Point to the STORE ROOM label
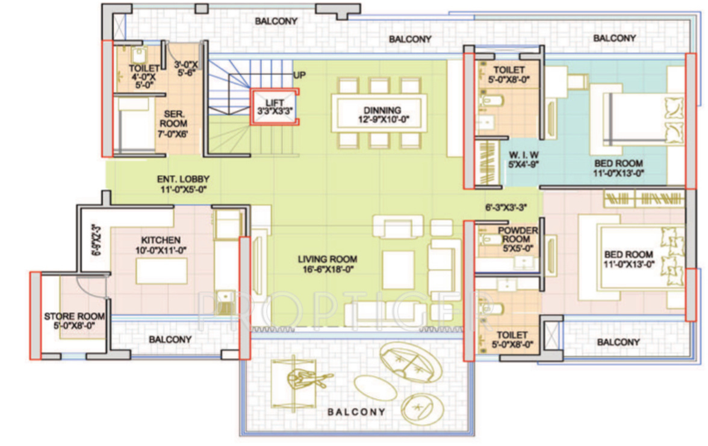point(75,321)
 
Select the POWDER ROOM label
point(517,239)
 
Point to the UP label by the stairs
point(299,75)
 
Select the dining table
point(382,112)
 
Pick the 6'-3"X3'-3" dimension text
point(506,207)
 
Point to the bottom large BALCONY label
point(356,412)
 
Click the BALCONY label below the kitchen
point(170,339)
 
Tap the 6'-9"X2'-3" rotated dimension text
point(94,239)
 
